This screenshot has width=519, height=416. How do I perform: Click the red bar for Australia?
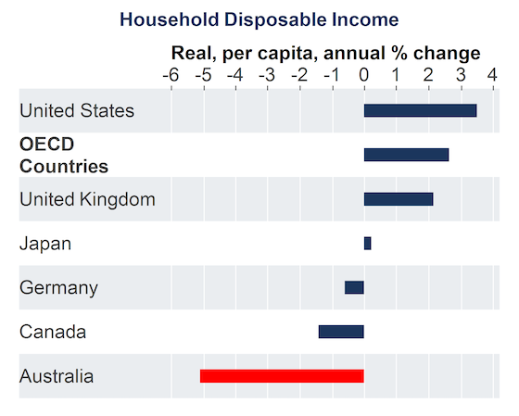[x=282, y=376]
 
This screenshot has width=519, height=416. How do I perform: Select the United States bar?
[x=421, y=110]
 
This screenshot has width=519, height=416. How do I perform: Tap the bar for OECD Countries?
[x=407, y=155]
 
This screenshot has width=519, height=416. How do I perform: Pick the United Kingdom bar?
[x=399, y=199]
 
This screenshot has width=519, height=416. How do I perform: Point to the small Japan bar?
[x=367, y=244]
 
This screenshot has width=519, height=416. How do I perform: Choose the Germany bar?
[x=354, y=287]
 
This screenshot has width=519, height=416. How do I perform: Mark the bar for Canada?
[x=341, y=332]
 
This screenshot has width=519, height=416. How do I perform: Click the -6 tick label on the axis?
[x=171, y=75]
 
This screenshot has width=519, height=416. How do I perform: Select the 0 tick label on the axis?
[x=363, y=75]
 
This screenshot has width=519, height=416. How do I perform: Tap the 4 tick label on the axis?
[x=492, y=75]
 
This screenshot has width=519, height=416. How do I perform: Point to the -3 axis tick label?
[x=267, y=75]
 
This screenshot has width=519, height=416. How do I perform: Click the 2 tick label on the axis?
[x=428, y=75]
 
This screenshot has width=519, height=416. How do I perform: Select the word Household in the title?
[x=169, y=19]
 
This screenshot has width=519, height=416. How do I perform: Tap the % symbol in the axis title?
[x=399, y=53]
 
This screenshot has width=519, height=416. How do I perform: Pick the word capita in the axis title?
[x=287, y=54]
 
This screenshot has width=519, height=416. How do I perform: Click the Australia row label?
[x=57, y=376]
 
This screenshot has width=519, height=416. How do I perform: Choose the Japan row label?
[x=45, y=245]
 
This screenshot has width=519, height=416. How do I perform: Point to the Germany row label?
[x=58, y=288]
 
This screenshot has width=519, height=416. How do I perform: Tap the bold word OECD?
[x=46, y=145]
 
